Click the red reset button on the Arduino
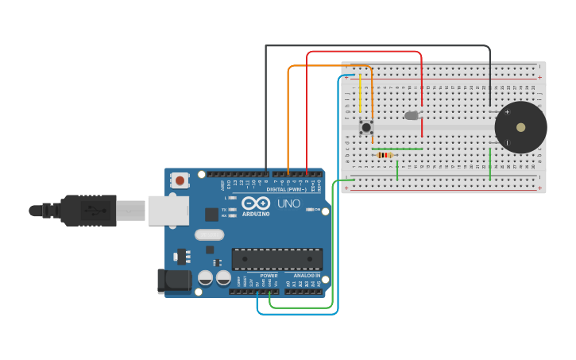pyautogui.click(x=180, y=180)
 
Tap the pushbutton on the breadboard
pyautogui.click(x=365, y=127)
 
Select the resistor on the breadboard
pyautogui.click(x=385, y=155)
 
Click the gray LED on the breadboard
pyautogui.click(x=412, y=115)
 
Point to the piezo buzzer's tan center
pyautogui.click(x=520, y=127)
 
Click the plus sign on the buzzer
pyautogui.click(x=507, y=112)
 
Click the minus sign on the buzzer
pyautogui.click(x=507, y=142)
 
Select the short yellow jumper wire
pyautogui.click(x=360, y=94)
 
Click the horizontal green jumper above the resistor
pyautogui.click(x=397, y=149)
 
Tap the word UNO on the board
pyautogui.click(x=288, y=203)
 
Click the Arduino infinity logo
pyautogui.click(x=256, y=203)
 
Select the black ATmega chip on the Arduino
pyautogui.click(x=276, y=259)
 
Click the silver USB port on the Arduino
pyautogui.click(x=168, y=211)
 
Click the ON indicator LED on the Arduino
pyautogui.click(x=310, y=210)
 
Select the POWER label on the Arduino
pyautogui.click(x=269, y=276)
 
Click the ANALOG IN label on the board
pyautogui.click(x=306, y=276)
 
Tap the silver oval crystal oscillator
pyautogui.click(x=209, y=234)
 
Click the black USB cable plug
pyautogui.click(x=87, y=211)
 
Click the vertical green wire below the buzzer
pyautogui.click(x=490, y=165)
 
